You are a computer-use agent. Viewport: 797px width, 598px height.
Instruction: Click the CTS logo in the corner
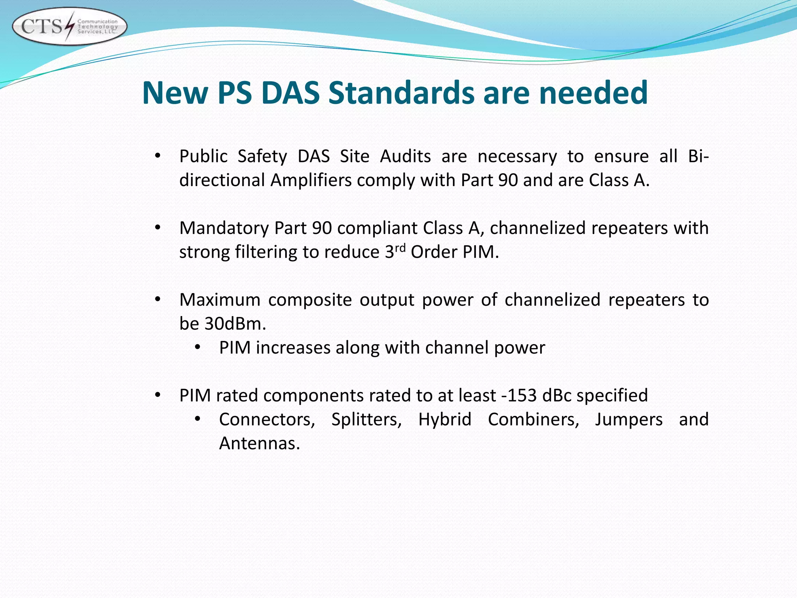point(69,26)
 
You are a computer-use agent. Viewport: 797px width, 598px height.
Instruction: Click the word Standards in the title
point(401,93)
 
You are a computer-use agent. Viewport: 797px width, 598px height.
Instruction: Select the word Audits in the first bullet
point(405,157)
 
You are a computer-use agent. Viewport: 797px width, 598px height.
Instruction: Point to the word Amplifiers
point(311,181)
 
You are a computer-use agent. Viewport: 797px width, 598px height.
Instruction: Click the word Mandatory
point(224,229)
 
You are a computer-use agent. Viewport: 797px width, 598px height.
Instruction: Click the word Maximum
point(220,300)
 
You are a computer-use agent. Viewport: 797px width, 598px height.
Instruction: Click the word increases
point(293,348)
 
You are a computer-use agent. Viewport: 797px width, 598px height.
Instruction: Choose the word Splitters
point(366,420)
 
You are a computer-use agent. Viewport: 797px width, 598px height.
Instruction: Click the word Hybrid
point(445,420)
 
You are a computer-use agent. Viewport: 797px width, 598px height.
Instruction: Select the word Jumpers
point(628,420)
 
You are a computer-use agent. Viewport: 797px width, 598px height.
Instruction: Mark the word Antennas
point(259,444)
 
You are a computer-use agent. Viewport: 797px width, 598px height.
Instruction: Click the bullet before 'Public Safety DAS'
point(157,157)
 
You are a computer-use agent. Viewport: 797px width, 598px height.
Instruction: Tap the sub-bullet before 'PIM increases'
point(197,348)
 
